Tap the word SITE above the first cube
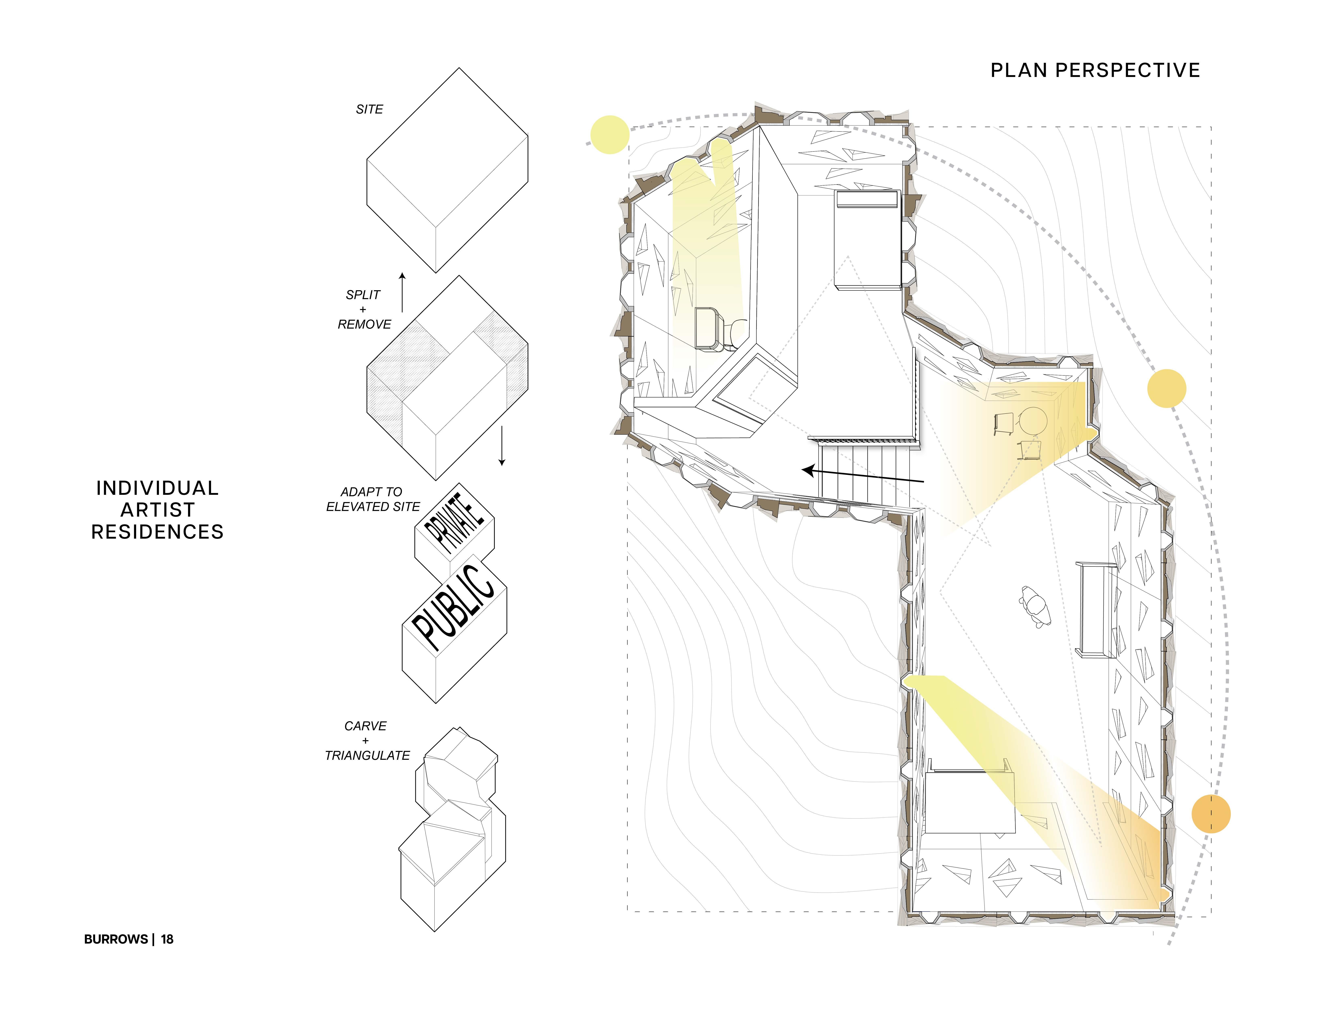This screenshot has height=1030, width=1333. point(369,109)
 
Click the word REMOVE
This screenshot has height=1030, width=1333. point(364,325)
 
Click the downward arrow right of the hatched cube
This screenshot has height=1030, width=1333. point(502,446)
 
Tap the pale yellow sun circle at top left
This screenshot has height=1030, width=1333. point(610,134)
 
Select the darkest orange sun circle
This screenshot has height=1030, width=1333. point(1210,814)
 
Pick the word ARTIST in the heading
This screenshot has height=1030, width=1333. point(158,510)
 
